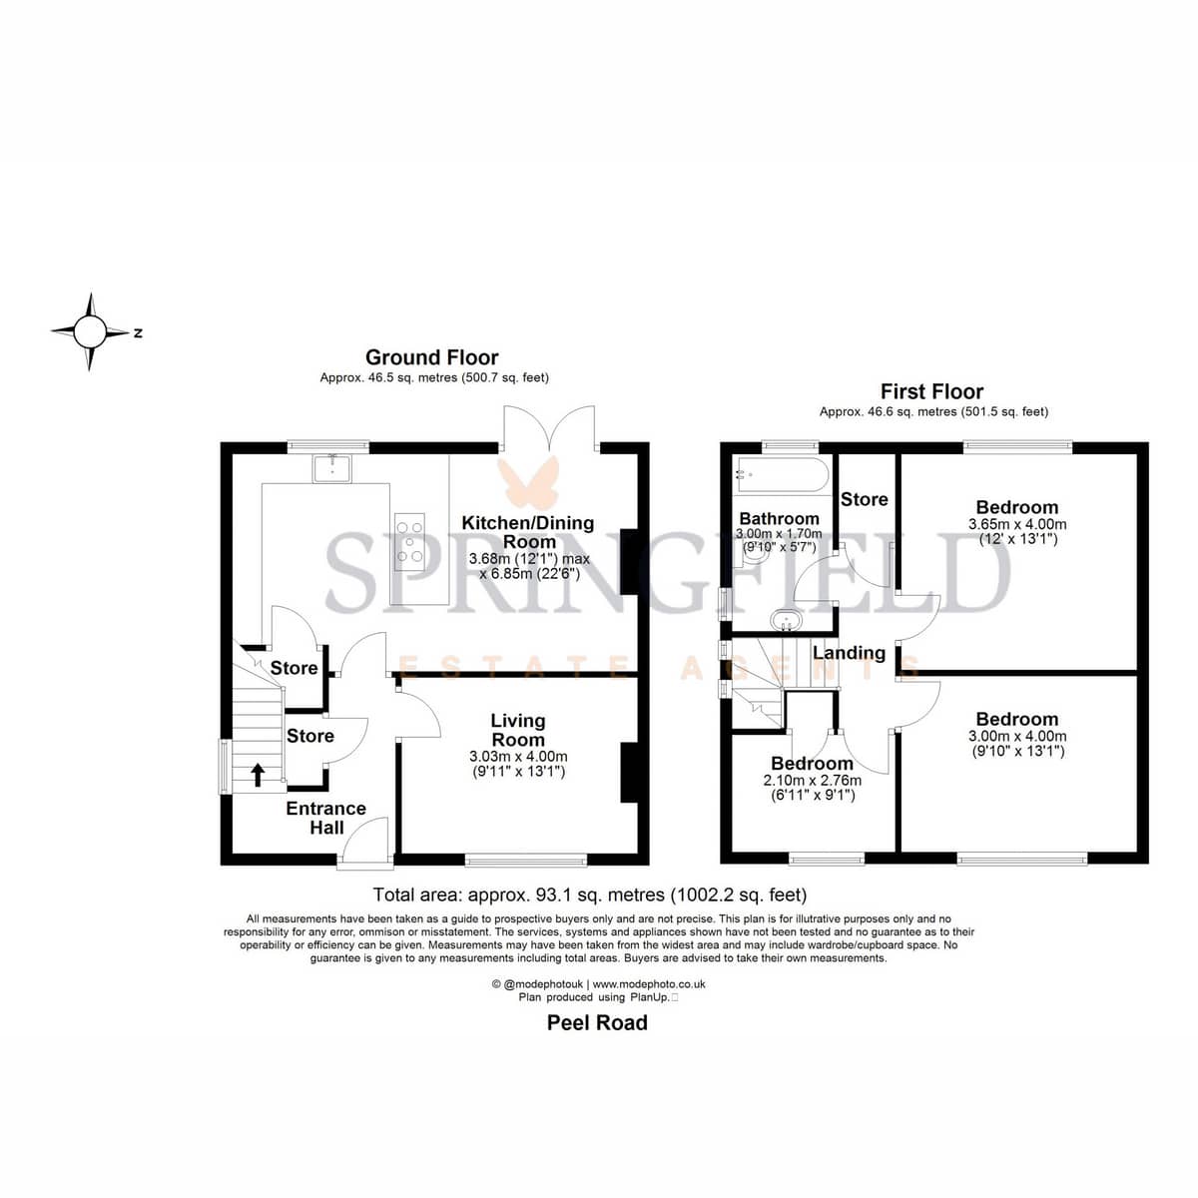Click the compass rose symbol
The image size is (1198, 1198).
click(91, 331)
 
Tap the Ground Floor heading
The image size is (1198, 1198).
click(431, 357)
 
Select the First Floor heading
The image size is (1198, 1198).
click(931, 391)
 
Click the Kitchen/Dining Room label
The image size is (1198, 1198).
click(528, 531)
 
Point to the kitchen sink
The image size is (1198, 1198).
click(332, 468)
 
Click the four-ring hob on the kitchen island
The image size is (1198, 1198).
click(409, 541)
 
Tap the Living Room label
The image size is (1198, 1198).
click(518, 730)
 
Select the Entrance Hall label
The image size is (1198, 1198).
click(325, 818)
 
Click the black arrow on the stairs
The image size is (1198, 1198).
click(258, 775)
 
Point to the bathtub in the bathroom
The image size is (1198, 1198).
click(782, 475)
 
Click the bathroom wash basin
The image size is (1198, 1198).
click(787, 620)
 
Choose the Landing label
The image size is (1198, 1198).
click(850, 653)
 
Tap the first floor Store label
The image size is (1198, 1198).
click(865, 499)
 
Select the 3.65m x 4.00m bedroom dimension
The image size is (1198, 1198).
click(1017, 525)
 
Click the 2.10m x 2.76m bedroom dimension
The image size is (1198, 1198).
click(812, 781)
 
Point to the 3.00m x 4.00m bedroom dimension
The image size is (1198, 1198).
click(1017, 736)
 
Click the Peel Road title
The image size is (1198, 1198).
click(597, 1022)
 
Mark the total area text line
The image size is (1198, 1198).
click(589, 895)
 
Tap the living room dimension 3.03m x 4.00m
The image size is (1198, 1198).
click(518, 757)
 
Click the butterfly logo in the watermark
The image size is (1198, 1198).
click(528, 482)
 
